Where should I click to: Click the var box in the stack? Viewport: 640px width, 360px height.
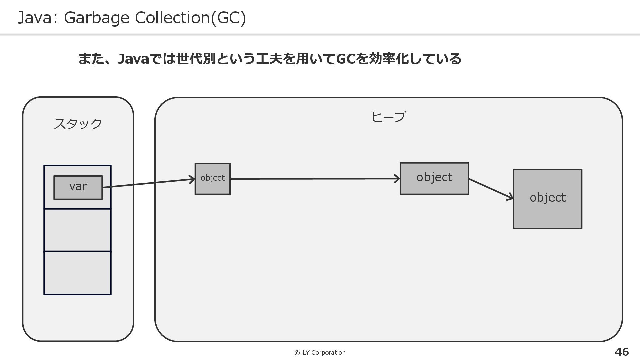click(x=78, y=187)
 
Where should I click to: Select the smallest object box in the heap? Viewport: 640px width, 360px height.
click(x=212, y=179)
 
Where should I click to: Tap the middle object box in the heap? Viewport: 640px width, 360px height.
click(x=434, y=178)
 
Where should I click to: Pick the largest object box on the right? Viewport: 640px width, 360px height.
click(x=547, y=199)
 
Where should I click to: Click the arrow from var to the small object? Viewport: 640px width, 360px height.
click(x=148, y=183)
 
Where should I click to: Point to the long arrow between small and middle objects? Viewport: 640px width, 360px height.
click(x=313, y=179)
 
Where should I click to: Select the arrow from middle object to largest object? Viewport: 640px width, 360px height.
click(x=490, y=189)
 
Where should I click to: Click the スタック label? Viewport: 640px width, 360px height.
click(x=78, y=124)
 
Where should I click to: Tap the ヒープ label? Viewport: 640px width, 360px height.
click(x=388, y=117)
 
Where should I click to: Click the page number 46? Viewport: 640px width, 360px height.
click(x=621, y=352)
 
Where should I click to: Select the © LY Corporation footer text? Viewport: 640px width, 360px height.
click(x=320, y=353)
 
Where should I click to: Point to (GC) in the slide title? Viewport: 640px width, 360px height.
click(x=229, y=18)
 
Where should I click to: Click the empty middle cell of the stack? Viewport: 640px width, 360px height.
click(x=77, y=230)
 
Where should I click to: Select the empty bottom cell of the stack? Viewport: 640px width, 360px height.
click(x=77, y=273)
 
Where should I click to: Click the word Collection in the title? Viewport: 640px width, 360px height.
click(x=172, y=18)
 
